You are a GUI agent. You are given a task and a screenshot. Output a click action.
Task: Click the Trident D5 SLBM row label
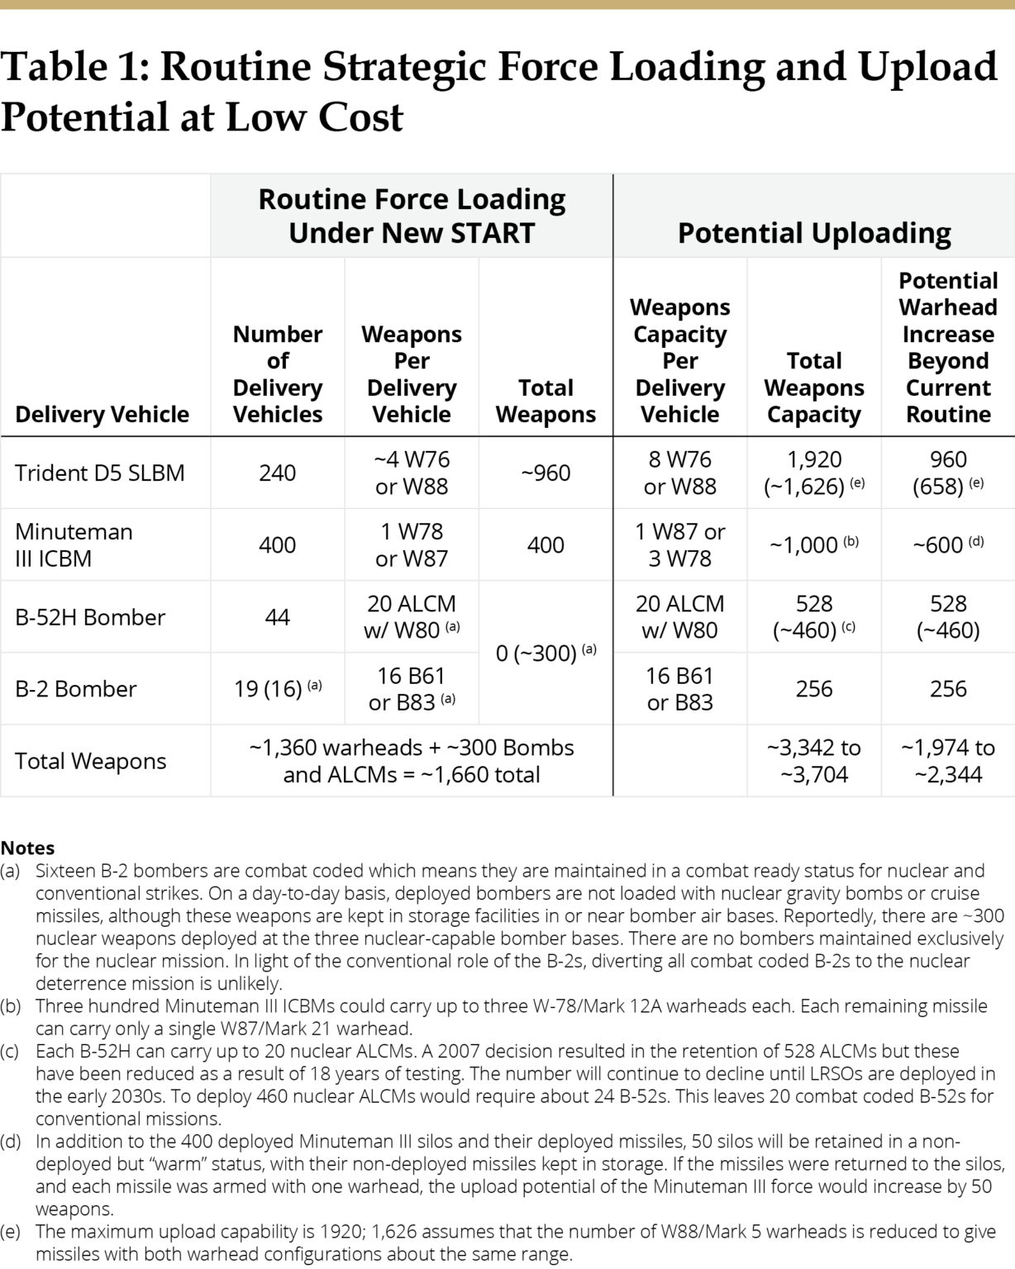pos(99,473)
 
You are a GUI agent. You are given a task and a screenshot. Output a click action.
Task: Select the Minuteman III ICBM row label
pos(74,544)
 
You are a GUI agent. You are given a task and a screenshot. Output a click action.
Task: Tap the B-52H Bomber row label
pos(90,617)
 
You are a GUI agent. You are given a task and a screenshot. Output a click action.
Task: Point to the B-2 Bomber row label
pos(75,689)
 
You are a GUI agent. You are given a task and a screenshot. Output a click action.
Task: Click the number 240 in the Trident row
pos(277,473)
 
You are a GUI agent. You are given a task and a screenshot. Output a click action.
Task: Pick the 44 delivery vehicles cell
pos(277,617)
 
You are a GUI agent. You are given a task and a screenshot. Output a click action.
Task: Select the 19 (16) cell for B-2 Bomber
pos(277,689)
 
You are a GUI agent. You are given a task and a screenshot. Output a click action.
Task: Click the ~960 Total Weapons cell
pos(546,473)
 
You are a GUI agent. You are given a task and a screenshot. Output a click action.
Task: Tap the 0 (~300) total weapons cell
pos(546,653)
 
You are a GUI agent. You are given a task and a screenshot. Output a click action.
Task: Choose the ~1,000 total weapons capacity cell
pos(813,545)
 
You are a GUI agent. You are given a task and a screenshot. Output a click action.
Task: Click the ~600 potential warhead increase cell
pos(947,545)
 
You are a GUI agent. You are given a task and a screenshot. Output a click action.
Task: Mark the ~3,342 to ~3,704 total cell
pos(813,761)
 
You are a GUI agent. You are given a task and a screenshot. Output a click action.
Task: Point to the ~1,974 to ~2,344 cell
pos(947,761)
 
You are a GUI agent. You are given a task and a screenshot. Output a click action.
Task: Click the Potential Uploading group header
pos(813,233)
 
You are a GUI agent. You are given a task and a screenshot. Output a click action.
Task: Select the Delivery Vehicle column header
pos(102,414)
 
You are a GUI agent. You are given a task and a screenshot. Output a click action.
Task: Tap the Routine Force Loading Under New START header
pos(412,216)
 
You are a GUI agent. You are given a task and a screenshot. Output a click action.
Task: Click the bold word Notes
pos(27,848)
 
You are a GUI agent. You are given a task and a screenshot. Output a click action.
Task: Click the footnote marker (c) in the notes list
pos(10,1051)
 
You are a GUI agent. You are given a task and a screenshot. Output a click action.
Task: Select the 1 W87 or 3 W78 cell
pos(679,544)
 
